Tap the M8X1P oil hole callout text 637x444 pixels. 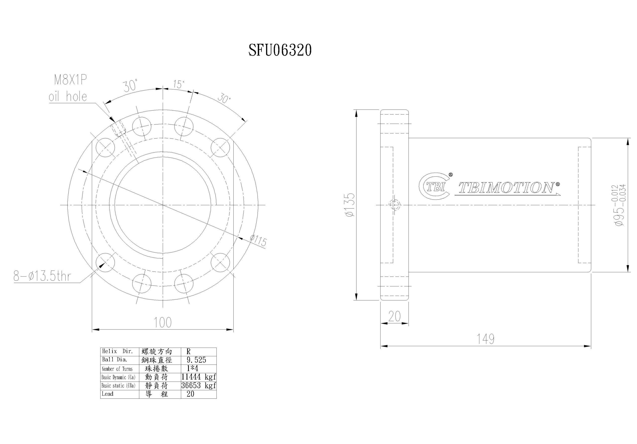pyautogui.click(x=68, y=89)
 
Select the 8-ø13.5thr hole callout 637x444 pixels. pyautogui.click(x=42, y=277)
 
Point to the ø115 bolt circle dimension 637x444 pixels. pyautogui.click(x=258, y=241)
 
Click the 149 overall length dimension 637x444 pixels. pyautogui.click(x=485, y=339)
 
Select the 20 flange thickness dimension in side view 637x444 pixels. pyautogui.click(x=394, y=316)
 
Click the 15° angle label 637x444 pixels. pyautogui.click(x=179, y=84)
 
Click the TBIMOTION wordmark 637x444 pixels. pyautogui.click(x=507, y=188)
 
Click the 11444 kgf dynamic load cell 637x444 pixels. pyautogui.click(x=198, y=377)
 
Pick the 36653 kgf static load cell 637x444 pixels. pyautogui.click(x=198, y=386)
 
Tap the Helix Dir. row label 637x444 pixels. pyautogui.click(x=118, y=351)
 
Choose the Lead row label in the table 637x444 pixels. pyautogui.click(x=108, y=393)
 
